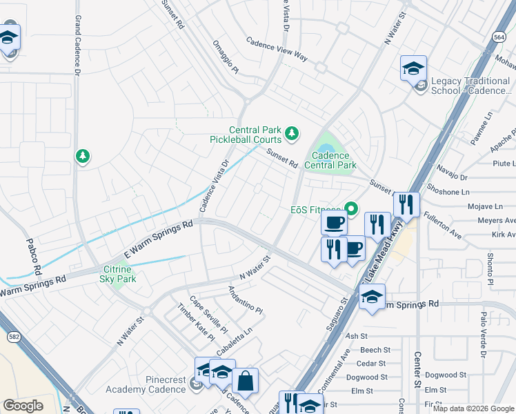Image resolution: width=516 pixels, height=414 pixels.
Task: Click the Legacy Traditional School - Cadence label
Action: [473, 86]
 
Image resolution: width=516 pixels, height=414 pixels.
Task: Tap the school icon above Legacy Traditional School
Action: [413, 69]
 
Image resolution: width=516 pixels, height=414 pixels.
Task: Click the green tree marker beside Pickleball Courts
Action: [292, 132]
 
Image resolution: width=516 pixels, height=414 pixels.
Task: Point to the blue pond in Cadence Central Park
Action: [324, 148]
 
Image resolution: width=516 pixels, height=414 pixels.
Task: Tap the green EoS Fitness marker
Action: [351, 208]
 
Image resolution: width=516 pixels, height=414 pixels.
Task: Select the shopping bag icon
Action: [244, 381]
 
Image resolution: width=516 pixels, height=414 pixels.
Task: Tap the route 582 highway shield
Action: [13, 337]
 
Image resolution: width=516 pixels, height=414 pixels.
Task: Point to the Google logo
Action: [23, 405]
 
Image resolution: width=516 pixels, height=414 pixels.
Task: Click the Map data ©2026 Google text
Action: [473, 408]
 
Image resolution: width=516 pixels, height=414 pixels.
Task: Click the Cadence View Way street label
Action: [277, 50]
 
